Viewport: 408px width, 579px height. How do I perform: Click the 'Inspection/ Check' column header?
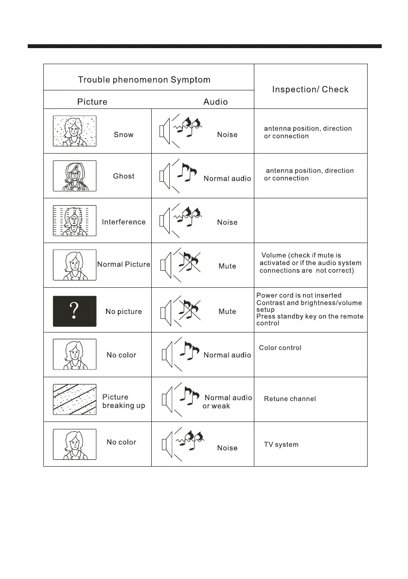[x=310, y=89]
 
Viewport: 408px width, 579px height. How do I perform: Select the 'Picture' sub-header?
[x=92, y=102]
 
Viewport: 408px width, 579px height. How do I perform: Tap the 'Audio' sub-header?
[x=215, y=102]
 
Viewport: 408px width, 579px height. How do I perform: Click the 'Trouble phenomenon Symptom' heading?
[x=144, y=80]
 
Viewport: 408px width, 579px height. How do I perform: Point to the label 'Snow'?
[x=124, y=135]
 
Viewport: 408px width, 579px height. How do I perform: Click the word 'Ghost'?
[x=124, y=176]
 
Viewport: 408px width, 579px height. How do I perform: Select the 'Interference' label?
[x=124, y=222]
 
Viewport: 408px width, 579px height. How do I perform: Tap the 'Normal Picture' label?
[x=124, y=265]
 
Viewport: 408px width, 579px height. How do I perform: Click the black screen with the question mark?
[x=74, y=311]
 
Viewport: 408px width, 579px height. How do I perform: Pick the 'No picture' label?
[x=124, y=312]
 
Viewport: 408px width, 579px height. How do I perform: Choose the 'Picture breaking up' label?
[x=124, y=402]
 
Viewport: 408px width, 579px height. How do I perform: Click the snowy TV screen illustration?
[x=74, y=131]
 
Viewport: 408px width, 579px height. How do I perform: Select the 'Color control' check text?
[x=280, y=348]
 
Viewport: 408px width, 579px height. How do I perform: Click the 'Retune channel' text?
[x=290, y=399]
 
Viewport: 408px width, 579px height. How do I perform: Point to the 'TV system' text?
[x=281, y=445]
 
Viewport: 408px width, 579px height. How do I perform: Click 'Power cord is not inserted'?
[x=299, y=296]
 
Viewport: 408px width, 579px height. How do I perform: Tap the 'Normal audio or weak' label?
[x=227, y=402]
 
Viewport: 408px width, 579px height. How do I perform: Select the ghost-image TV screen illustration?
[x=74, y=176]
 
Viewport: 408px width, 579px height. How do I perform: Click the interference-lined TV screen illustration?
[x=74, y=221]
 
